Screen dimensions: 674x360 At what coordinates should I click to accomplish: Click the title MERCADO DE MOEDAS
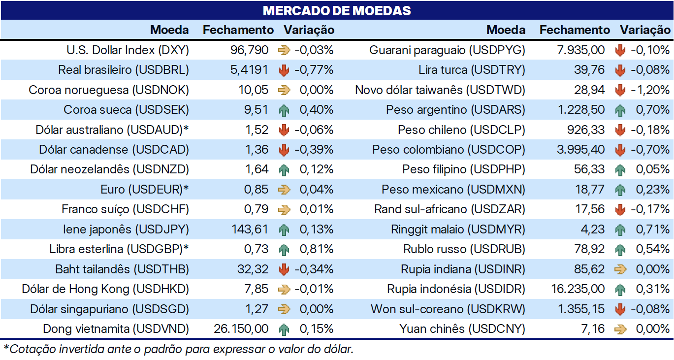337,11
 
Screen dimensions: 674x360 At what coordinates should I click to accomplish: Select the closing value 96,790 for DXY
249,50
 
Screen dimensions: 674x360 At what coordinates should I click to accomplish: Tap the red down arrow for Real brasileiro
284,70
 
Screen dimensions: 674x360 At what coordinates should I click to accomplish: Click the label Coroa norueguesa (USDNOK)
109,90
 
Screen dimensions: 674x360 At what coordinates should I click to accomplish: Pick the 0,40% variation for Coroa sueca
316,109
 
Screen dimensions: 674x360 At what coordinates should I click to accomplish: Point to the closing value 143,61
250,229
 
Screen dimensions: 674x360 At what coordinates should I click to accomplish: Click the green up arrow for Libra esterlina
284,250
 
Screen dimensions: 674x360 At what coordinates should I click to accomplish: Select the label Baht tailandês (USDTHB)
122,269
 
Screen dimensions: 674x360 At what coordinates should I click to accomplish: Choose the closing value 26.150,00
241,328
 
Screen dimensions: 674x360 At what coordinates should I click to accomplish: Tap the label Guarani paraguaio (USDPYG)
447,50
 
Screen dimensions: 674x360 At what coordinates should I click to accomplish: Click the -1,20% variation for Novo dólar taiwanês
650,90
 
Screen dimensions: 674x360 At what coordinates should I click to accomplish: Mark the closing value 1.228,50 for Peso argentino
581,109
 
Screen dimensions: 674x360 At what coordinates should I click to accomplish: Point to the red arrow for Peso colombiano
620,150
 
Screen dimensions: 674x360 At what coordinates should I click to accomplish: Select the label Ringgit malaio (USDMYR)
458,229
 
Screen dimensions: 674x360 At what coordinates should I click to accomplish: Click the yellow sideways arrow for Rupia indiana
620,269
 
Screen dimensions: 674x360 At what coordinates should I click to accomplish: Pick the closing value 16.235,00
578,289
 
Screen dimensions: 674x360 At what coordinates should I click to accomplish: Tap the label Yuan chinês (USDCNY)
462,329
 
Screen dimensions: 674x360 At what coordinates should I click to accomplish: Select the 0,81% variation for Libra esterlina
316,249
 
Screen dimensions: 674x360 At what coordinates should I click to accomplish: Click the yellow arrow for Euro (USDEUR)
284,190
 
